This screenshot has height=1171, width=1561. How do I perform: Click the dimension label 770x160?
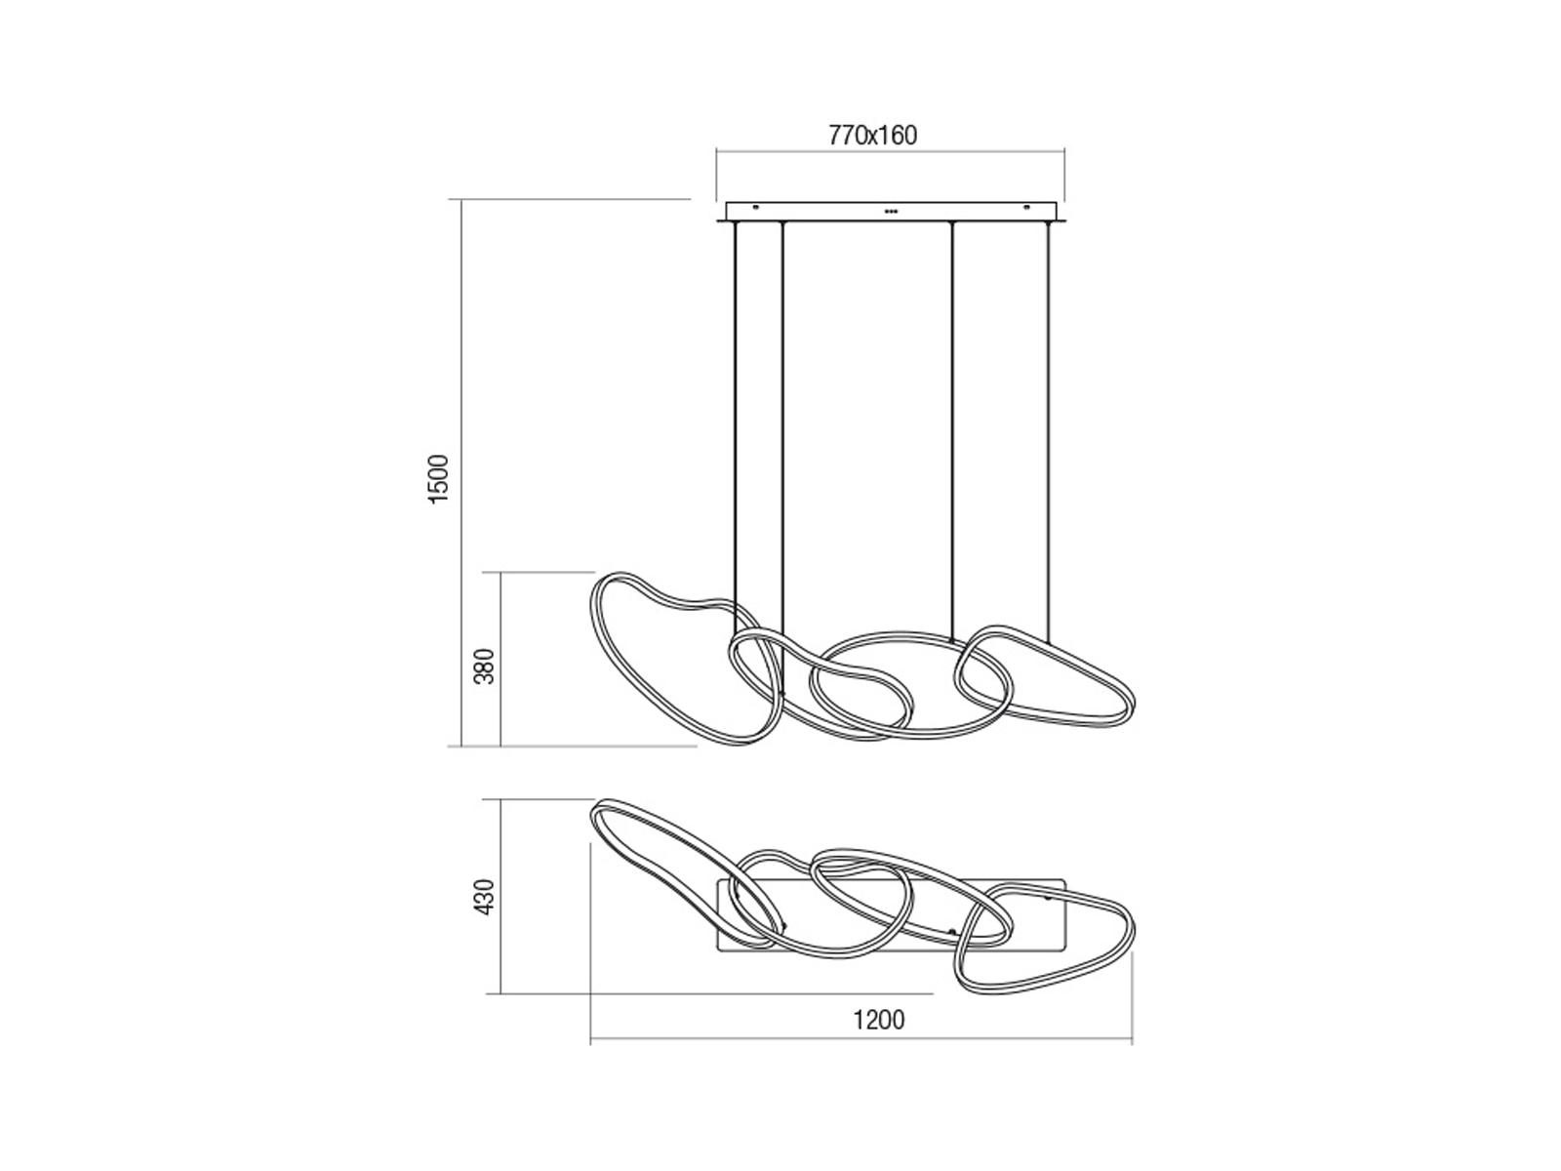872,135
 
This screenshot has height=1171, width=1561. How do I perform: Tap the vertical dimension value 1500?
440,479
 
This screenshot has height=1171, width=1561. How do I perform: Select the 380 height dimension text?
484,666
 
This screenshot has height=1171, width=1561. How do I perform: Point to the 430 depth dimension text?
484,897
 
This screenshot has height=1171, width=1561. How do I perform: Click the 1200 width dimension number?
879,1021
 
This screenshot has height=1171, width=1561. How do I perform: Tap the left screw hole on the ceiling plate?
756,208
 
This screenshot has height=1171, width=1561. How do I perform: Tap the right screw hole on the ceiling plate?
1026,208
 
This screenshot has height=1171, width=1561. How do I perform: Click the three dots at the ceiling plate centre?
891,211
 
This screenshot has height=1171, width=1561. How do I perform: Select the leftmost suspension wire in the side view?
736,426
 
